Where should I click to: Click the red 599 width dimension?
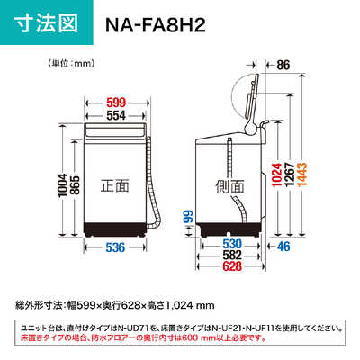coord(116,103)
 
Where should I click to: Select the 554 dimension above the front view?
coord(116,115)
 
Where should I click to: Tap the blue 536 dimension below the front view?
coord(115,247)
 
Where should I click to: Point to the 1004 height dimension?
coord(62,185)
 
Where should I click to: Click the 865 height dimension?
coord(75,185)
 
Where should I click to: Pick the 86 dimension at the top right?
coord(283,65)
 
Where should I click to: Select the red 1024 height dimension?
coord(278,175)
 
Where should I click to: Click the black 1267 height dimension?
coord(290,175)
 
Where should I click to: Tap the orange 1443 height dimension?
coord(302,175)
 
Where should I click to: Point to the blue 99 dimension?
coord(189,217)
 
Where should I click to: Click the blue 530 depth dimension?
coord(232,244)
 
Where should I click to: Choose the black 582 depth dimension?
coord(232,255)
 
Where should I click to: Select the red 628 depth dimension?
coord(232,266)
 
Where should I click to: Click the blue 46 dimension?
coord(283,247)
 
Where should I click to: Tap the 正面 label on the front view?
coord(115,185)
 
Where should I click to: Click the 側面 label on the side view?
coord(230,186)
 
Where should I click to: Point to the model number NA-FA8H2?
coord(156,25)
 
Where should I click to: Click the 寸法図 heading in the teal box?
coord(46,22)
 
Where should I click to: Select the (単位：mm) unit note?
coord(71,63)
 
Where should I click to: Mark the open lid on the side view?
coord(252,99)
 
